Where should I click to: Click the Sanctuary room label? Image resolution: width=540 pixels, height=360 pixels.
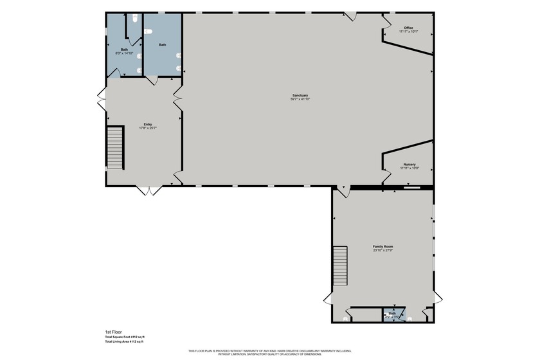[x=300, y=95]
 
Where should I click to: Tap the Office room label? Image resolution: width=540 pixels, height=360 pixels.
[x=408, y=28]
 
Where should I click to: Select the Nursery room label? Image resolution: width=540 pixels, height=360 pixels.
[x=410, y=165]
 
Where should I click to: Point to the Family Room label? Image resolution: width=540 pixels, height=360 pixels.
[x=383, y=247]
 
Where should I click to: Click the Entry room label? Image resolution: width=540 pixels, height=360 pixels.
[x=148, y=124]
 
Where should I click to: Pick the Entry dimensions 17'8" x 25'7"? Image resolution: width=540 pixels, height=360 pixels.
[x=148, y=128]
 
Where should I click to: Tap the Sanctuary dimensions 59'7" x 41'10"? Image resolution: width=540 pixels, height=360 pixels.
[x=300, y=99]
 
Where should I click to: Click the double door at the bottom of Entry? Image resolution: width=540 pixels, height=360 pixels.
[x=147, y=190]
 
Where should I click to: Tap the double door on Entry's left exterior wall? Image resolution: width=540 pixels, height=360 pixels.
[x=101, y=100]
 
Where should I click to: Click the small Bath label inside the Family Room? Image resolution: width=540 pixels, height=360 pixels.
[x=392, y=313]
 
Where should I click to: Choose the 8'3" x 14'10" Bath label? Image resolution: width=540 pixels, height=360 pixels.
[x=123, y=53]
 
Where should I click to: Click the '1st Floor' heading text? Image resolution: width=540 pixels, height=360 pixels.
[x=113, y=332]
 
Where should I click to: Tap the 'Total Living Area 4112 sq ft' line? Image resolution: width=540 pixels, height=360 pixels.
[x=125, y=342]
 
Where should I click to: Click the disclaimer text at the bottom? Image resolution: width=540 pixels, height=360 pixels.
[x=269, y=352]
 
